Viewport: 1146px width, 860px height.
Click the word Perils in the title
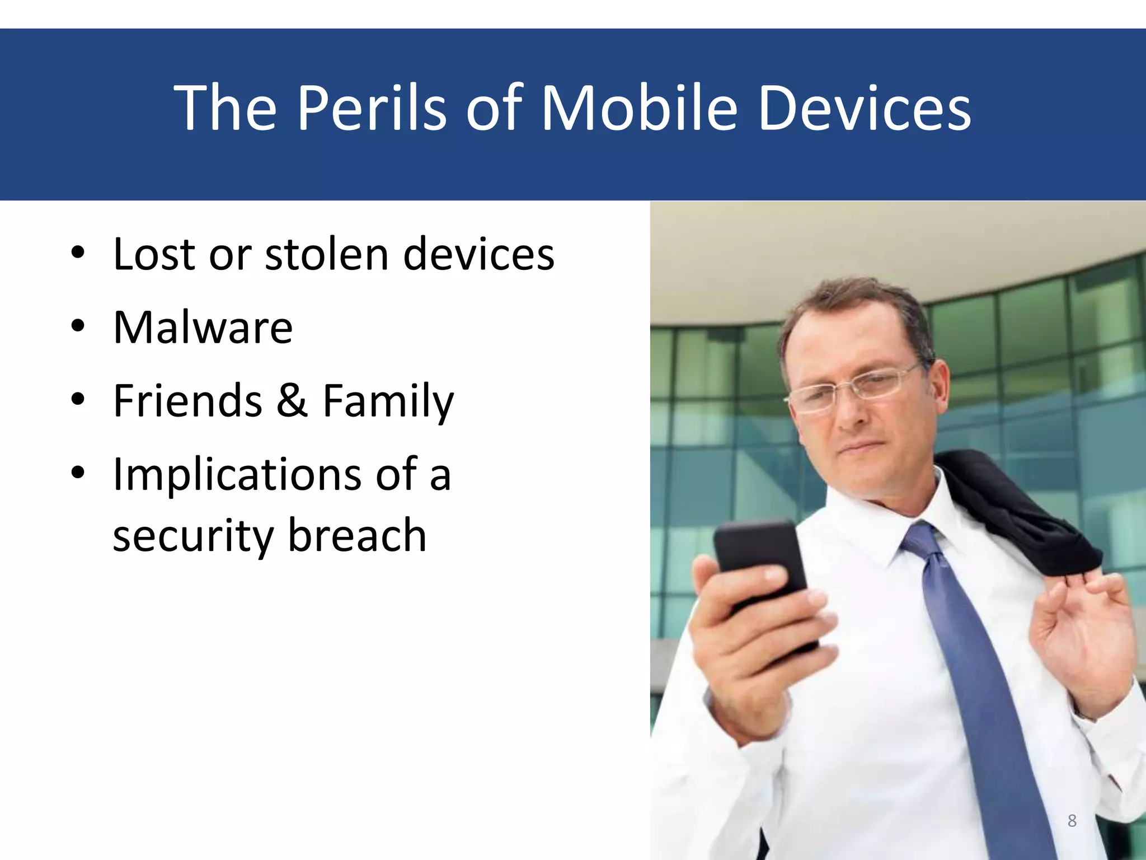(x=372, y=107)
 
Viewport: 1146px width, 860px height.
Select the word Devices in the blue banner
(x=864, y=107)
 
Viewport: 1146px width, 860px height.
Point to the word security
(x=193, y=536)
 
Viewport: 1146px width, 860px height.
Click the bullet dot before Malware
(x=78, y=325)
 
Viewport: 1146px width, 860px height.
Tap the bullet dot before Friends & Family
(x=78, y=399)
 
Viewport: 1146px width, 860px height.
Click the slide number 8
(x=1072, y=820)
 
